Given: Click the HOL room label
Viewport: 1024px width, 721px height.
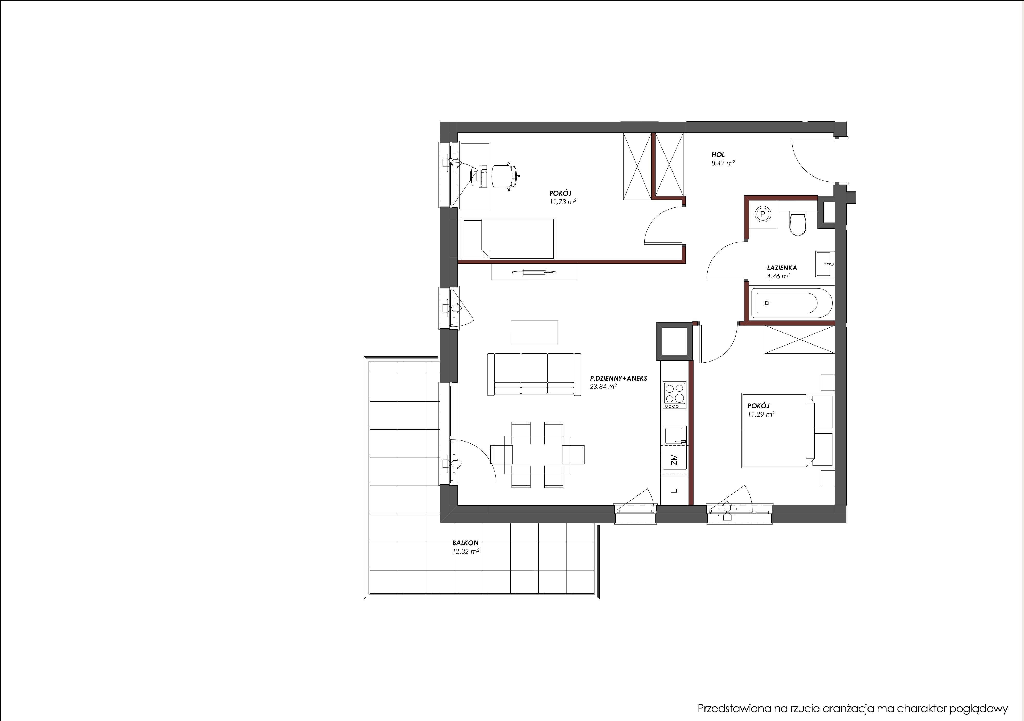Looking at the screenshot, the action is point(718,155).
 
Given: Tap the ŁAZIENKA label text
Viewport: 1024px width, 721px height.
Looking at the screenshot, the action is point(782,268).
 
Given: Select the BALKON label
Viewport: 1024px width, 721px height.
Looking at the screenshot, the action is point(465,543).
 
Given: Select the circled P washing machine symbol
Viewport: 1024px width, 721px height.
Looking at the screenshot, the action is point(762,214).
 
